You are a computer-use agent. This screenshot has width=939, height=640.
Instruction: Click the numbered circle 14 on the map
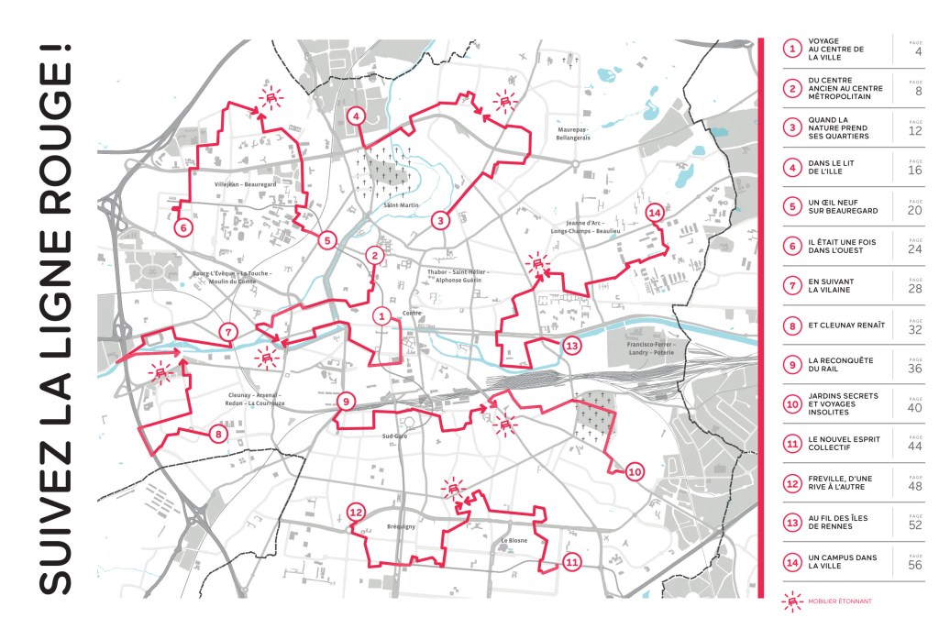(x=655, y=213)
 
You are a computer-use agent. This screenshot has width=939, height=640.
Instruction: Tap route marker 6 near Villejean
(x=182, y=226)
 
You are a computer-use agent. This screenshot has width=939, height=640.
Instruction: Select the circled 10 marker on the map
(x=634, y=472)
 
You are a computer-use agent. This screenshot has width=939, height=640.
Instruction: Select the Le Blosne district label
(x=514, y=541)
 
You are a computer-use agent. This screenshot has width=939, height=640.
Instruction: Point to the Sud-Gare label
(x=394, y=436)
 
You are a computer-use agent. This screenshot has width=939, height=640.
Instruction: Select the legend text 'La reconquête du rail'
(x=834, y=364)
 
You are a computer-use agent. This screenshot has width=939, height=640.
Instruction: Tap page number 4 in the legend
(x=917, y=51)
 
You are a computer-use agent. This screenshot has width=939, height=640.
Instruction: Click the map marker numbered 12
(x=357, y=513)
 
